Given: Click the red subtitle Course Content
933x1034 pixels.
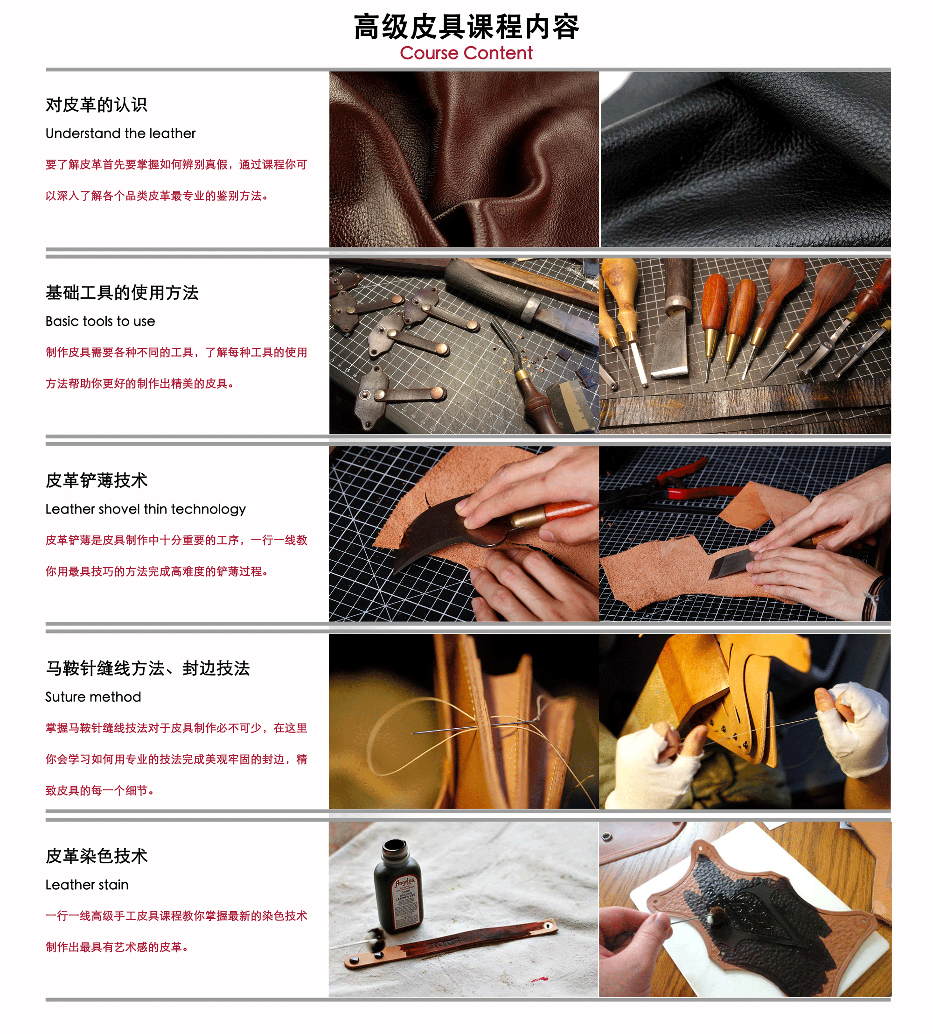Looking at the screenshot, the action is click(466, 53).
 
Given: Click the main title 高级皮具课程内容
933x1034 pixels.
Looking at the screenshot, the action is click(466, 27).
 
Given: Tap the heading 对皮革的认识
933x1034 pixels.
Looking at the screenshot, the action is click(97, 105).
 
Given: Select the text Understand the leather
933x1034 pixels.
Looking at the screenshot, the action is click(120, 134).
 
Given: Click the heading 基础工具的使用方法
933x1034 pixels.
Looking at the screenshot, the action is click(122, 292).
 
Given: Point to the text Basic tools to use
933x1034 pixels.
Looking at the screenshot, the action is click(100, 321).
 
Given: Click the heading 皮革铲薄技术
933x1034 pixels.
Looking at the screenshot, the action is click(97, 480).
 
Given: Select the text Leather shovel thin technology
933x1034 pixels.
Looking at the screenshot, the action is click(146, 509).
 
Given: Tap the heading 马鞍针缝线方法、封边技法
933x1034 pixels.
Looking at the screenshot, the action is click(147, 668).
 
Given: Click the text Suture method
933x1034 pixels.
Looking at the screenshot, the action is click(93, 696).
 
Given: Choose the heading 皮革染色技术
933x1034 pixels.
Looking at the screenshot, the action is click(97, 856).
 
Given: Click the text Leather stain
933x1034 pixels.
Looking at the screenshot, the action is click(87, 885).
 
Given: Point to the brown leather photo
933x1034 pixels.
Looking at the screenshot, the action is click(464, 159).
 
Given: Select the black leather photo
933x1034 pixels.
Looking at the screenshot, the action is click(745, 159).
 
